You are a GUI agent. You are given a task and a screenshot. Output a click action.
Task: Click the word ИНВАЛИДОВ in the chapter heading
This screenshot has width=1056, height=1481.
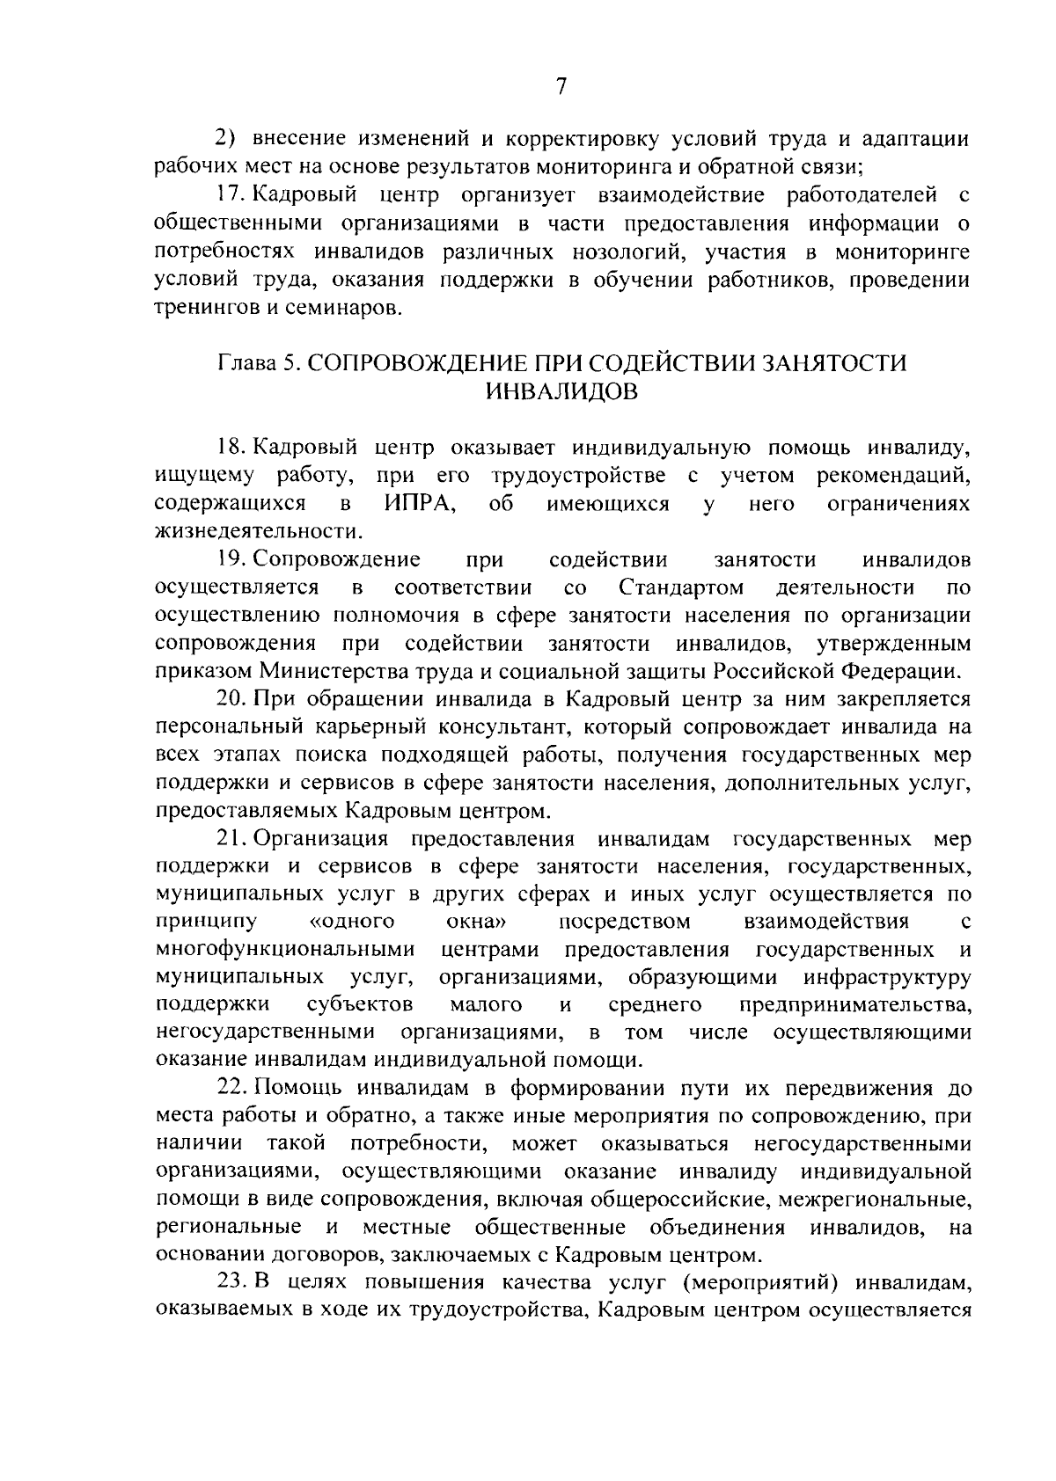(x=561, y=391)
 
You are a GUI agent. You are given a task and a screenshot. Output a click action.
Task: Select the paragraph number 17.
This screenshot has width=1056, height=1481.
(x=229, y=195)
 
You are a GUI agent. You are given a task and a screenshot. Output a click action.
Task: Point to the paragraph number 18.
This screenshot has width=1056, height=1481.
(x=231, y=448)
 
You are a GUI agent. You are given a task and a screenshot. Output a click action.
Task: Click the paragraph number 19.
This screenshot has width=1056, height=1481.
(x=231, y=559)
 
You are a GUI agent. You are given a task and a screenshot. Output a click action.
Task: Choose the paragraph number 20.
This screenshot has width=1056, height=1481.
(x=231, y=700)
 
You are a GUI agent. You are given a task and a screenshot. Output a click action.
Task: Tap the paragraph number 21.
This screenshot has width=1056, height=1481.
(x=231, y=840)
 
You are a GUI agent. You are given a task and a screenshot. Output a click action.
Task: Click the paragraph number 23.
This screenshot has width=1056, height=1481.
(x=231, y=1285)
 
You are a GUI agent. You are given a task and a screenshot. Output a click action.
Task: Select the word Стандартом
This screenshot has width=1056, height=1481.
(x=681, y=587)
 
